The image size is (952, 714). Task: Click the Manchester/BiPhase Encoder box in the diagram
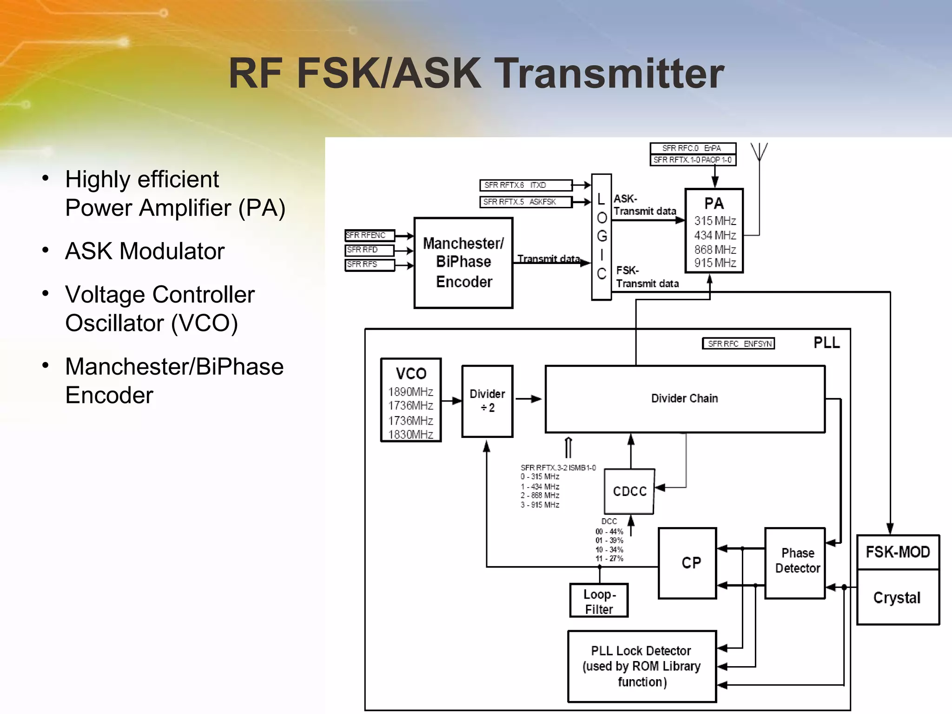point(463,263)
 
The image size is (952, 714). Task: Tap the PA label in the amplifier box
point(714,204)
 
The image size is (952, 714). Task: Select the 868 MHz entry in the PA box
point(715,250)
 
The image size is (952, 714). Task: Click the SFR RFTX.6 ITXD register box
point(525,185)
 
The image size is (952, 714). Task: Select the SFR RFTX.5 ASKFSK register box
point(525,202)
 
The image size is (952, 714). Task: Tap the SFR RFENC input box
point(369,235)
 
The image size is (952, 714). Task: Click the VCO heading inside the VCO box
point(411,373)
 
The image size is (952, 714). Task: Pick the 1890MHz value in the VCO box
point(411,392)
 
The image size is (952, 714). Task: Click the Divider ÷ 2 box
point(487,401)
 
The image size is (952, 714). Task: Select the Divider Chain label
point(684,398)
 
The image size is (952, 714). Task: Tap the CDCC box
point(629,491)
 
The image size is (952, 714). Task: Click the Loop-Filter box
point(599,601)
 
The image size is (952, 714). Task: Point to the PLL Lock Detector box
point(641,666)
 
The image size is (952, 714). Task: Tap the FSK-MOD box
point(898,552)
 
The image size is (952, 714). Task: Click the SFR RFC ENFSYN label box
point(739,344)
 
